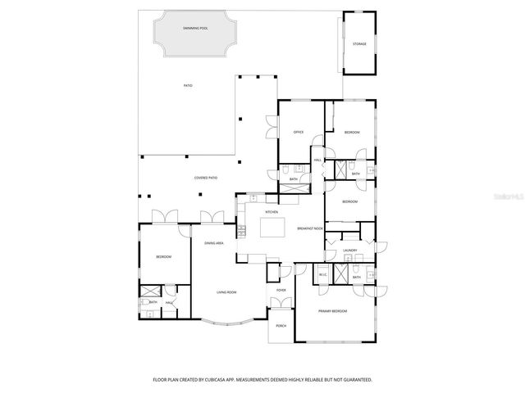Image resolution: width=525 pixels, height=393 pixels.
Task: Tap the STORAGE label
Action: tap(359, 43)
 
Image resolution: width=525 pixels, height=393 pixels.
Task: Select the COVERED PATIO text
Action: tap(205, 177)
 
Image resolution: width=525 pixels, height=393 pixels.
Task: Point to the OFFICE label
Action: tap(299, 132)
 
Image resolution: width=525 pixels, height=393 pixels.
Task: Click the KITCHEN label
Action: tap(271, 211)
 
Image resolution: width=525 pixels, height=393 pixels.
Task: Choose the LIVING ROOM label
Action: tap(226, 292)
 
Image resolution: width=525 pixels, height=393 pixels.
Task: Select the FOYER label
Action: tap(281, 290)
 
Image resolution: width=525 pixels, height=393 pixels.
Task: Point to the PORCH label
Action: tap(281, 325)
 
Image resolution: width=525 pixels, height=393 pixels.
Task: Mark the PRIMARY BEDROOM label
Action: tap(333, 311)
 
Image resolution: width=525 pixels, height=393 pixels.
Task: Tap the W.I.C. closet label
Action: tap(323, 274)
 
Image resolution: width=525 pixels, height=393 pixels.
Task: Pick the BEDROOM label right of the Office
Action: tap(352, 132)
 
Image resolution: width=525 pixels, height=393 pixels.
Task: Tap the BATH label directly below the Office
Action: tap(293, 178)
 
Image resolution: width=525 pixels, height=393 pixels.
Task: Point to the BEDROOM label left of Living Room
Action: tap(163, 257)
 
